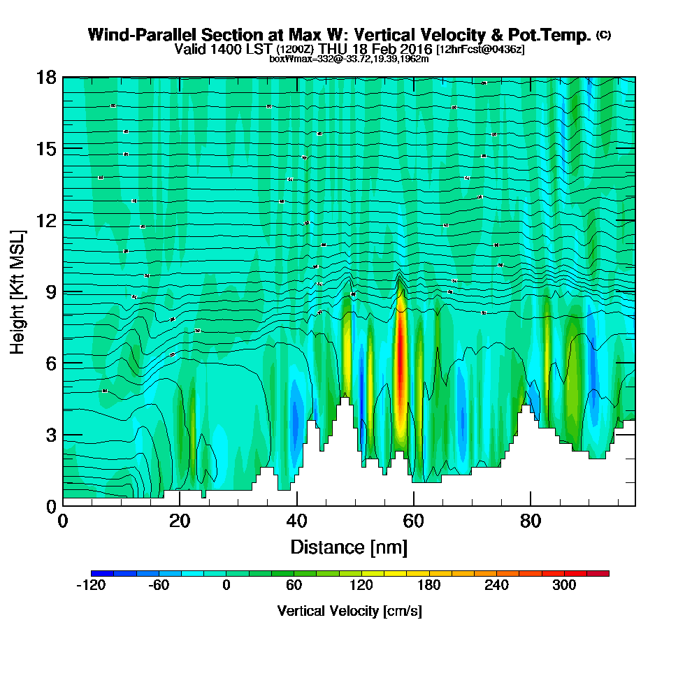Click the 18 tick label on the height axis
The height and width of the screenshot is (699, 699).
[47, 77]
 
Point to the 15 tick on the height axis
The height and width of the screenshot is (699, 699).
[47, 149]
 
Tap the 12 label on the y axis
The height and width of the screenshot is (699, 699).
[47, 220]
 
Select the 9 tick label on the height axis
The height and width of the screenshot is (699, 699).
[51, 291]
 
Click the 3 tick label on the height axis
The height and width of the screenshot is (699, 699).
[51, 435]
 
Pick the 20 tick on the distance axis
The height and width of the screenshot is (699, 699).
[180, 521]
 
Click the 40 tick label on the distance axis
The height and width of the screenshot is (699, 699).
[297, 521]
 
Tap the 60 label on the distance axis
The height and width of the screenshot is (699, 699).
[414, 521]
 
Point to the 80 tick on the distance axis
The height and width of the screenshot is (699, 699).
[531, 521]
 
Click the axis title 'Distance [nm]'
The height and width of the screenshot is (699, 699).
[349, 546]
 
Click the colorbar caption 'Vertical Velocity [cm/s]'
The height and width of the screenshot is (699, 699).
[349, 611]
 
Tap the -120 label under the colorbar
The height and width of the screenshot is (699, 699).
[90, 585]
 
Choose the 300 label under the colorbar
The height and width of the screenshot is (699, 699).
[564, 585]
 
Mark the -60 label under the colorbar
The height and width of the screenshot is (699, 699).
[159, 585]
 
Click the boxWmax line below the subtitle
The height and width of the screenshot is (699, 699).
[349, 59]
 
